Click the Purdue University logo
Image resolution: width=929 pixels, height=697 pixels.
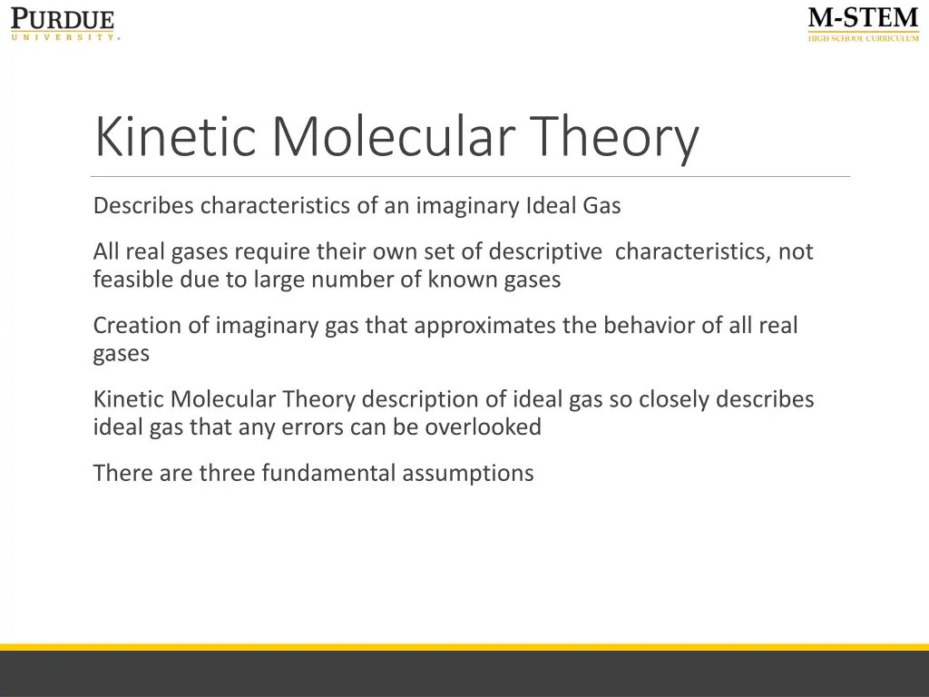(x=64, y=25)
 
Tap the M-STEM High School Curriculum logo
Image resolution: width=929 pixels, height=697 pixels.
(x=863, y=25)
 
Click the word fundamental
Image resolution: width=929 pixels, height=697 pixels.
(x=328, y=473)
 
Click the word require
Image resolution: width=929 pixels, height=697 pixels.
(x=272, y=251)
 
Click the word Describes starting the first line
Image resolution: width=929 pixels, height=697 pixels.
(x=143, y=206)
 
